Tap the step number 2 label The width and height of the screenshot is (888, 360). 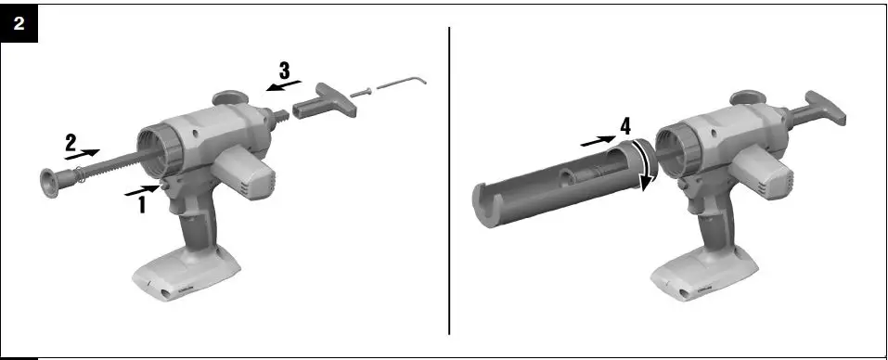pos(71,142)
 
